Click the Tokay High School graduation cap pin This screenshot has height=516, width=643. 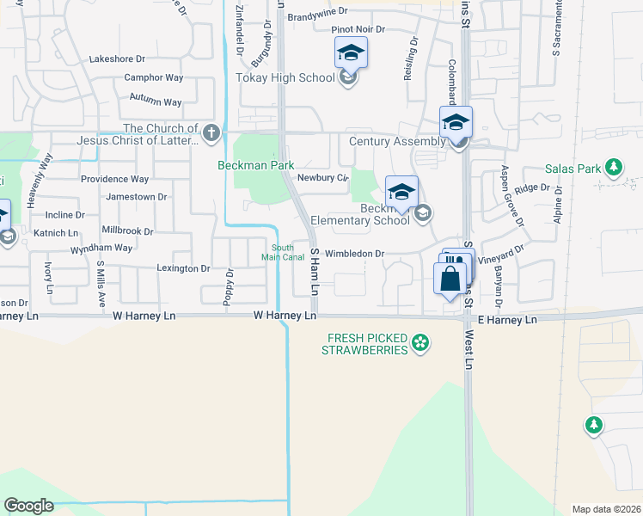click(x=351, y=53)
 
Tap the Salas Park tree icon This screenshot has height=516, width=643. click(x=614, y=166)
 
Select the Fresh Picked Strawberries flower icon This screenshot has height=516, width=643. click(x=420, y=345)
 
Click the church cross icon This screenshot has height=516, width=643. click(x=212, y=133)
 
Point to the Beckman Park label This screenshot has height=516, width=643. click(x=255, y=165)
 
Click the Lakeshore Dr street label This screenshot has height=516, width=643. click(x=118, y=59)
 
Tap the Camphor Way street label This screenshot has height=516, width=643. click(x=154, y=77)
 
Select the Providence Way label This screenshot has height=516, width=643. click(x=114, y=180)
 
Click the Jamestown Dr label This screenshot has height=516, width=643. click(x=136, y=197)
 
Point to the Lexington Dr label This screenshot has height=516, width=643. click(x=183, y=268)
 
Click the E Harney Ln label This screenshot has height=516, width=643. click(x=506, y=320)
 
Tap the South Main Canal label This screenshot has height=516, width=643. click(x=282, y=252)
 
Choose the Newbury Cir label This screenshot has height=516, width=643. click(x=321, y=178)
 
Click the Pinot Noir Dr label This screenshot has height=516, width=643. click(x=358, y=29)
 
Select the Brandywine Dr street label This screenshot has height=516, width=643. click(x=317, y=12)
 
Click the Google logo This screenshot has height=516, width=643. click(x=28, y=506)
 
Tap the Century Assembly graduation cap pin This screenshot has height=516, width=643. click(x=456, y=123)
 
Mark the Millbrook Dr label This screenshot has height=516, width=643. click(x=127, y=231)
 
